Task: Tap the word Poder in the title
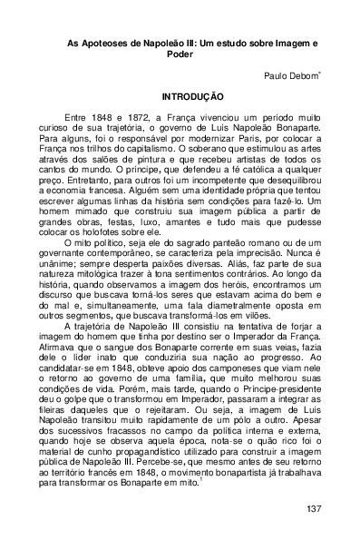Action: (180, 54)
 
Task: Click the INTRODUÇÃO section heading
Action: (180, 95)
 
